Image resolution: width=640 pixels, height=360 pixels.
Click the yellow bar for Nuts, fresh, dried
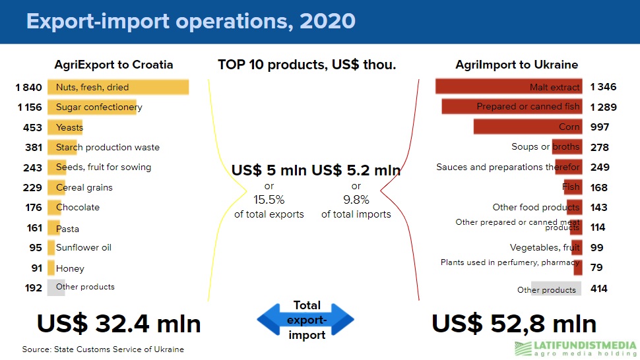[x=118, y=87]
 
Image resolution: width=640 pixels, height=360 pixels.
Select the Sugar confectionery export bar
[x=92, y=107]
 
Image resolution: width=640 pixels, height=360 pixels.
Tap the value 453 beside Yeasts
[x=32, y=128]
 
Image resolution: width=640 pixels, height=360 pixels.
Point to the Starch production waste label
[x=108, y=147]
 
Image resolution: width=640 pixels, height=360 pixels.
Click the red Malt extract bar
[x=509, y=86]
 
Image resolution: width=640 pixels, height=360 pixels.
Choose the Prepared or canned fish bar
[x=512, y=106]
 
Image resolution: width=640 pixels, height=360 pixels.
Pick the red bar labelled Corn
[x=528, y=127]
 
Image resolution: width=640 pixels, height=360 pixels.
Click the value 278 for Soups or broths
[x=600, y=147]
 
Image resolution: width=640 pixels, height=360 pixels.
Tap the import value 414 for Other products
[x=599, y=289]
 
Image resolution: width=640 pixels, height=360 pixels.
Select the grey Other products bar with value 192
[x=56, y=287]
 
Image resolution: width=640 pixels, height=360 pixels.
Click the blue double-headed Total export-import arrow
[x=305, y=320]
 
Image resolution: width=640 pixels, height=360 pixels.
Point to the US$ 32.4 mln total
[x=119, y=324]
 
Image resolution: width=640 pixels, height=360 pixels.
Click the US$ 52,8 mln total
[x=514, y=324]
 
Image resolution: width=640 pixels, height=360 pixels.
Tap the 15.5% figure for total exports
[x=269, y=200]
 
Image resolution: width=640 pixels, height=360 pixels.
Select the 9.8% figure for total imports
[x=356, y=200]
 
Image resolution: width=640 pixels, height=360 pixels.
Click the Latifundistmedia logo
[x=575, y=349]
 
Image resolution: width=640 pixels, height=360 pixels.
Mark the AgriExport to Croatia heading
[x=114, y=65]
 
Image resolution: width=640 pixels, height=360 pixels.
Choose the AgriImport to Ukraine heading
[x=517, y=65]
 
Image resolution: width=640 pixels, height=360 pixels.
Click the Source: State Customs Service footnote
[x=103, y=349]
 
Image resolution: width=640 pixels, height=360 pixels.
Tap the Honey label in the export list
[x=70, y=268]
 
